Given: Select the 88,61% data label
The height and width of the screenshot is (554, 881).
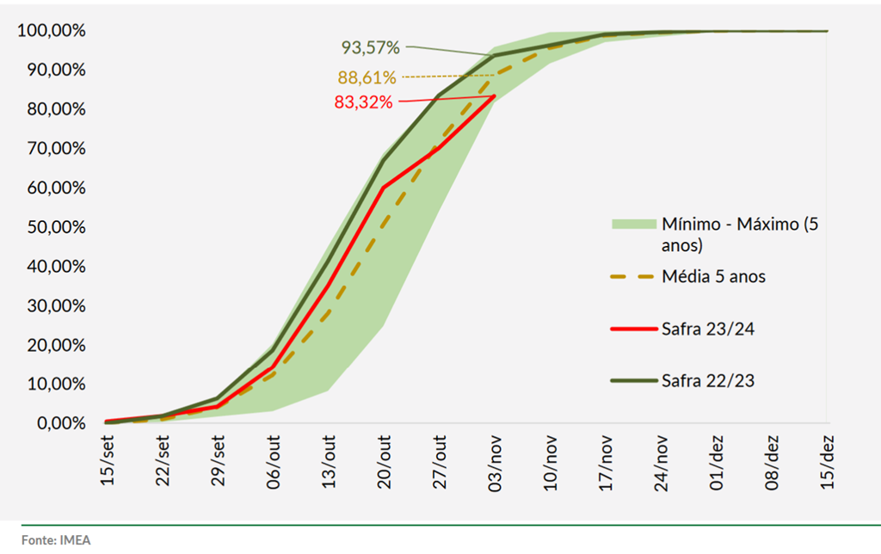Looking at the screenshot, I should pyautogui.click(x=367, y=77).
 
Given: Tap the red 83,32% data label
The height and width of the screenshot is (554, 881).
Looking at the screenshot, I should pyautogui.click(x=363, y=102).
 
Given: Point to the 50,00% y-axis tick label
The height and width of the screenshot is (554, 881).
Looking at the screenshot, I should pyautogui.click(x=51, y=227).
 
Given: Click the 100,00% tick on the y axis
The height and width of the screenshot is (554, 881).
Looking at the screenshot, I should pyautogui.click(x=51, y=31).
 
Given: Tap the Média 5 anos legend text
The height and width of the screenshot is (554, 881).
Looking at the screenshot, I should pyautogui.click(x=714, y=276).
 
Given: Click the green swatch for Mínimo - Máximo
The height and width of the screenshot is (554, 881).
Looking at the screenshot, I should pyautogui.click(x=632, y=225).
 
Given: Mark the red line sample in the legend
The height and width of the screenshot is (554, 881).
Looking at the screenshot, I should pyautogui.click(x=632, y=328).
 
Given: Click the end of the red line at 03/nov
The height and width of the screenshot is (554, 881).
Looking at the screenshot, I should pyautogui.click(x=494, y=95).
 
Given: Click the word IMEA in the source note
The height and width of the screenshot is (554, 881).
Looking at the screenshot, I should pyautogui.click(x=75, y=540).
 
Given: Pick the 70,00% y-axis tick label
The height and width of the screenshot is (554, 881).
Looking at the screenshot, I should pyautogui.click(x=51, y=149).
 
